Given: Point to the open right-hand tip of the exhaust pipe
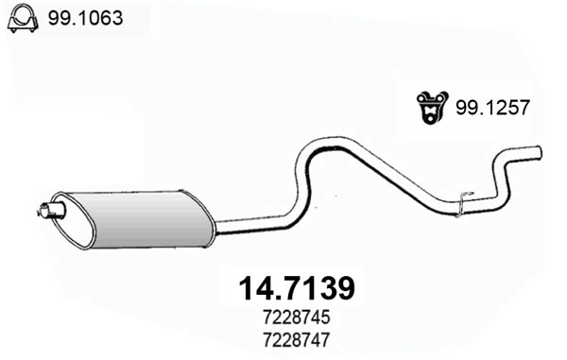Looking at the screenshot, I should [x=539, y=152].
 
